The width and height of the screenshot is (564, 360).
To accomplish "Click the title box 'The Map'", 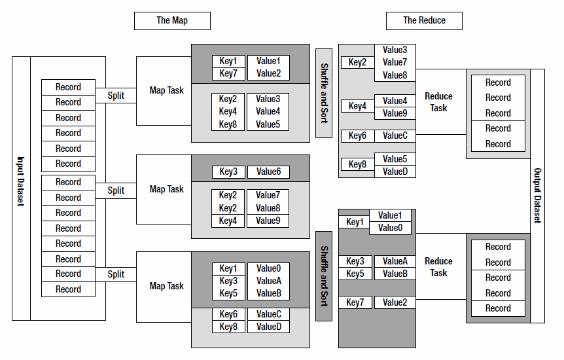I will [172, 20].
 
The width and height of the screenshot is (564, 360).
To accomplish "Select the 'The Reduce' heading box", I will [424, 20].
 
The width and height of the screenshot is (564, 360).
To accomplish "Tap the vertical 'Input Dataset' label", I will [21, 189].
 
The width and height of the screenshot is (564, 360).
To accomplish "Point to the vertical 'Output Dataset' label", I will [537, 196].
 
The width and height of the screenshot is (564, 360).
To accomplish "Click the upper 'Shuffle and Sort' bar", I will [324, 93].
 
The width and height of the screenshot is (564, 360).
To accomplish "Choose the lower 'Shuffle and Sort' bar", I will [324, 276].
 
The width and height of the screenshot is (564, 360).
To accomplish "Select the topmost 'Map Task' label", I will [166, 90].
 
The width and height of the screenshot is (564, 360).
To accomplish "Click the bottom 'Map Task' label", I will [166, 286].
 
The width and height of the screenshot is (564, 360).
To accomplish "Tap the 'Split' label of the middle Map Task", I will [116, 190].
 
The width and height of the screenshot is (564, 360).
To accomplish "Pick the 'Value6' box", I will [268, 172].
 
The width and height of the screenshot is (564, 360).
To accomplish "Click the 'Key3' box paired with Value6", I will [228, 172].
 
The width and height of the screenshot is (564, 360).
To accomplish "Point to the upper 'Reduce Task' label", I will [438, 101].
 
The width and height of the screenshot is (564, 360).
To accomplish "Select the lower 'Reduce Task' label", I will [438, 266].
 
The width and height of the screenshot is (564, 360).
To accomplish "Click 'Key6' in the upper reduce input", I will [357, 135].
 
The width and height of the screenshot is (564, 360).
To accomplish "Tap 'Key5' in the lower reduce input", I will [355, 274].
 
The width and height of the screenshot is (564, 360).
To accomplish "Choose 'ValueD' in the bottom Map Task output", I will [268, 327].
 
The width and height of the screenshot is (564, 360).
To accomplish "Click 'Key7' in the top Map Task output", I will [228, 73].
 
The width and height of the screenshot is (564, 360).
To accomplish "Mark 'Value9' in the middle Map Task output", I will [268, 221].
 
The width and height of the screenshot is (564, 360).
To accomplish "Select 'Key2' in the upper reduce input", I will [357, 62].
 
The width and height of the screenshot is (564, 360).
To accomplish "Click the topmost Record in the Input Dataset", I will [68, 87].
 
